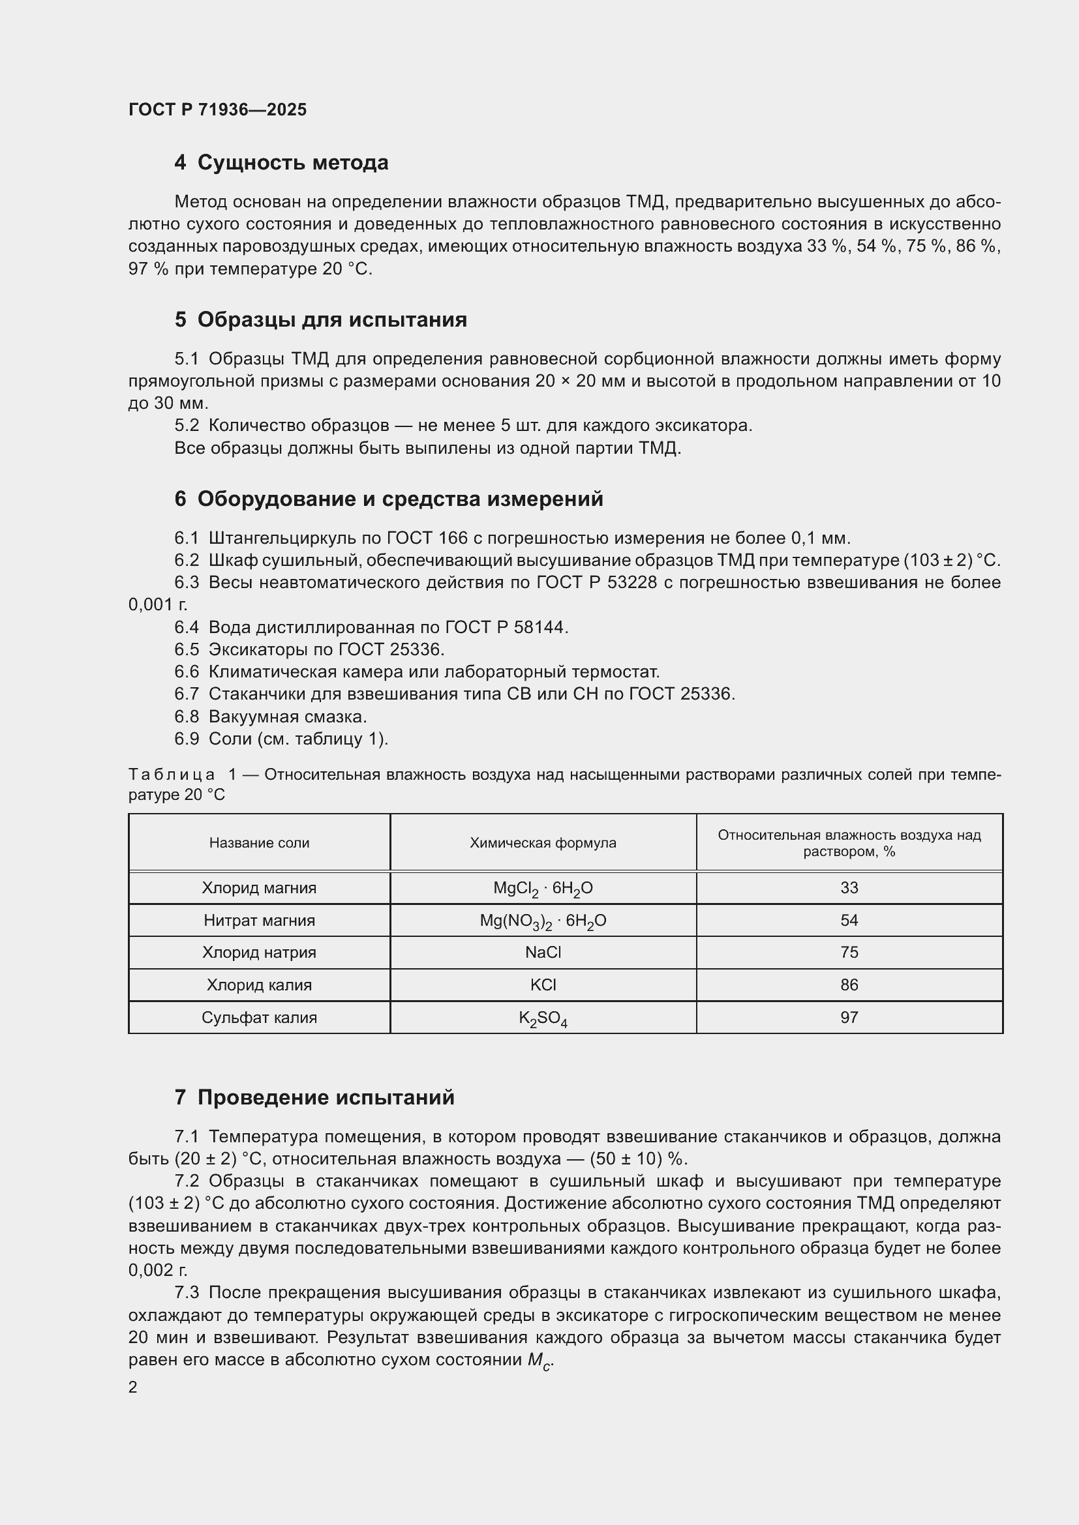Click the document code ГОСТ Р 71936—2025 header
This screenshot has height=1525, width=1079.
tap(217, 110)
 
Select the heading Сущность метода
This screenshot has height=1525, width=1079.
tap(292, 163)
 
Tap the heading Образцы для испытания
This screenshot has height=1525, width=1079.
tap(331, 319)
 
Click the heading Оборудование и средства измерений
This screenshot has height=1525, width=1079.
tap(400, 498)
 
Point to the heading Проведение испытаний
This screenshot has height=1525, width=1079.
tap(326, 1097)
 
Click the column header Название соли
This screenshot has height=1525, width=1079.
tap(259, 843)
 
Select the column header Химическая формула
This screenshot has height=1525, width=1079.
tap(543, 843)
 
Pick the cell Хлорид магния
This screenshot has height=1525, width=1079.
tap(259, 888)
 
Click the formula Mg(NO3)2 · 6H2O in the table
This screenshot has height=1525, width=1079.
tap(543, 921)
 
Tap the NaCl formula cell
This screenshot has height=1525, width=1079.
tap(543, 953)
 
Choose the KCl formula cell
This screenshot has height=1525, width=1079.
tap(543, 985)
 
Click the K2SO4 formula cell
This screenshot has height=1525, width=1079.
tap(543, 1018)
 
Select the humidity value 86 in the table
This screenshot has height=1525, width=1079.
tap(849, 985)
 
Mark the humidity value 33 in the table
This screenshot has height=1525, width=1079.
tap(849, 888)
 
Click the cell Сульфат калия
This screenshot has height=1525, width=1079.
tap(259, 1018)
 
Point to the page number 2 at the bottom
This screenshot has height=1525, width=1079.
tap(133, 1387)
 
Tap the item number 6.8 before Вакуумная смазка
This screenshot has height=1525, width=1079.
tap(187, 717)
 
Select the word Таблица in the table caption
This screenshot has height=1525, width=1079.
tap(172, 775)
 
